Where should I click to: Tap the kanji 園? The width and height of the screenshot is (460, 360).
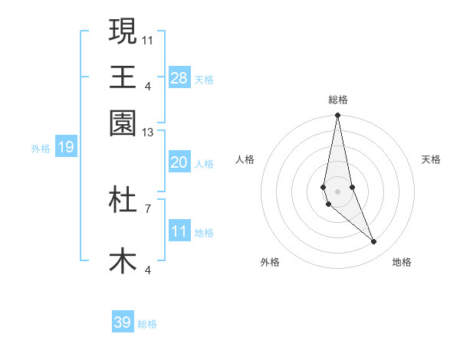click(x=123, y=123)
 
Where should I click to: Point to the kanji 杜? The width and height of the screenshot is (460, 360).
click(x=123, y=199)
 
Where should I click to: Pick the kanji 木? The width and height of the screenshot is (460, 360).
click(x=123, y=260)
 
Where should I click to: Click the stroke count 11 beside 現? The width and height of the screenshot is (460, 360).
click(x=148, y=39)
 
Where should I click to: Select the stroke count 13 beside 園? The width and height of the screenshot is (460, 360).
click(x=148, y=133)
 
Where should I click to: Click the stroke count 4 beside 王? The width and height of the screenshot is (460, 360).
click(x=148, y=86)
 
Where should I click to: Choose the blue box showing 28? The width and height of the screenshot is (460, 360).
click(x=179, y=78)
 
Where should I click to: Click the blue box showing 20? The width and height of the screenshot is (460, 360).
click(x=179, y=162)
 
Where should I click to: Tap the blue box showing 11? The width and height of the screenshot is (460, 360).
click(x=179, y=231)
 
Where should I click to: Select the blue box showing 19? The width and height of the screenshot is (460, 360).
click(x=65, y=147)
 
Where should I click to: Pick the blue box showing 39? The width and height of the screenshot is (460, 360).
click(x=122, y=322)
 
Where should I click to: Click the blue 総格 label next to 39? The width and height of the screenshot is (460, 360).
click(x=147, y=324)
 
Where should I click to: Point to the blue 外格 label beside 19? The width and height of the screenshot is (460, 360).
click(x=41, y=148)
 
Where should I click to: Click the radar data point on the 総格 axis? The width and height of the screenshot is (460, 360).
click(x=337, y=116)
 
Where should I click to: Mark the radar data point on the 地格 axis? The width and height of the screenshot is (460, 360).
click(x=374, y=242)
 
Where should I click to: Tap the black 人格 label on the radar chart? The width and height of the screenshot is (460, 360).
click(x=245, y=159)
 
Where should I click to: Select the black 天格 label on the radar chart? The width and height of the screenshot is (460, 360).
click(x=432, y=159)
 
